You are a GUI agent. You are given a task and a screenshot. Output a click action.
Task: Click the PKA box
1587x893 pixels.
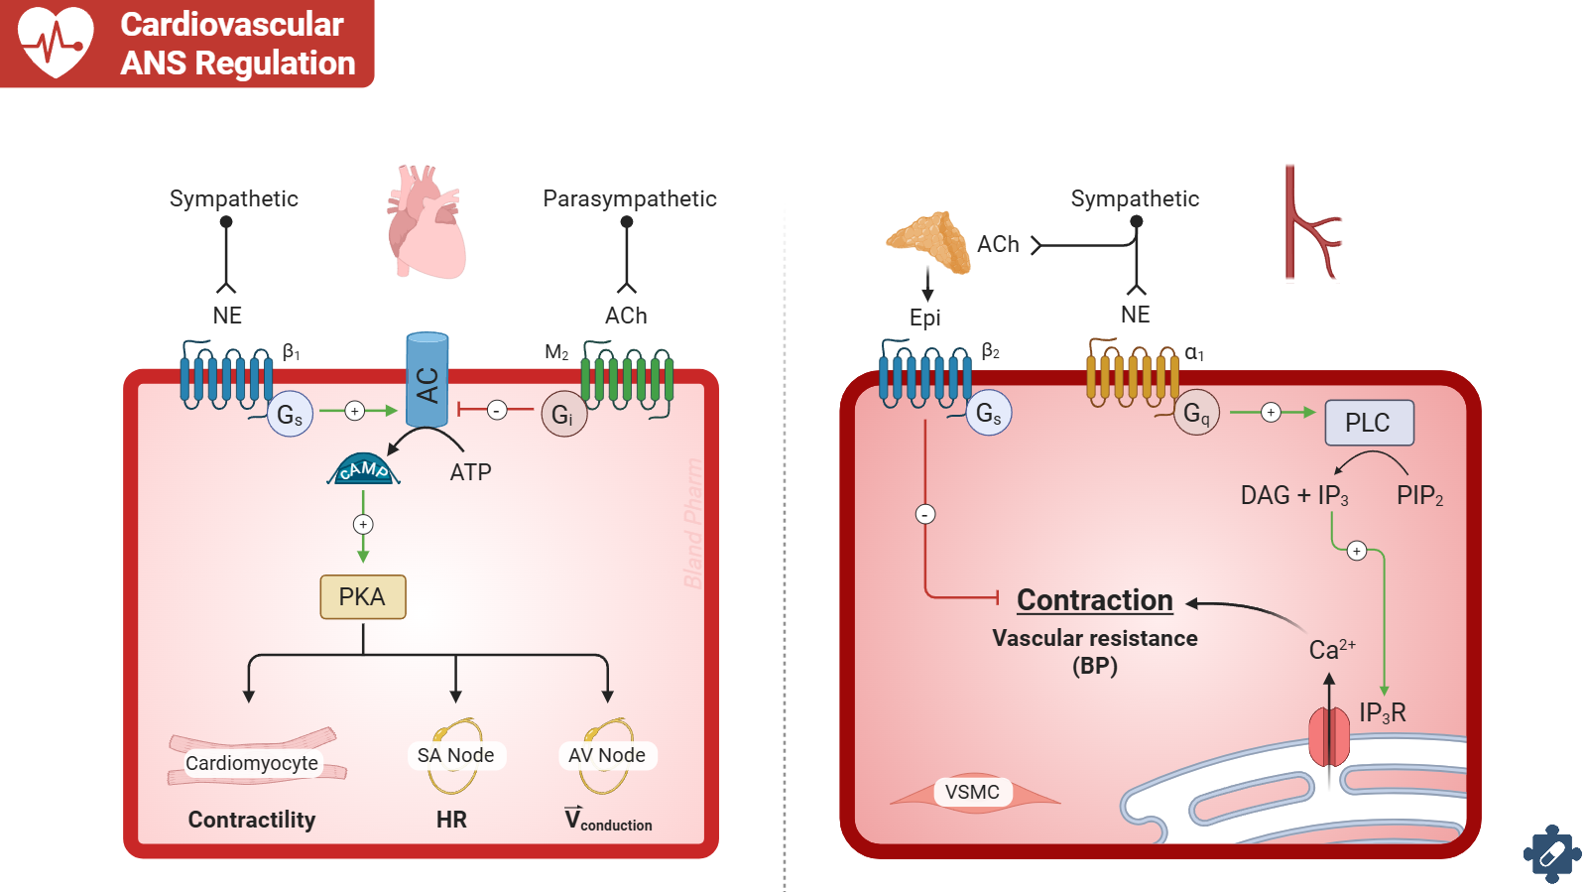tap(363, 596)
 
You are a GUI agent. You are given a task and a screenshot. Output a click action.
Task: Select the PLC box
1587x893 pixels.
tap(1369, 423)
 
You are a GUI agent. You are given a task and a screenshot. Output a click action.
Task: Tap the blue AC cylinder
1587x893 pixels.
tap(427, 381)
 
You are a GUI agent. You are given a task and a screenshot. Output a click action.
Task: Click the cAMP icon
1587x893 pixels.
tap(363, 470)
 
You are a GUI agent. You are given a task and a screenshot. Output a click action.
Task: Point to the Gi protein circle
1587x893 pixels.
tap(563, 415)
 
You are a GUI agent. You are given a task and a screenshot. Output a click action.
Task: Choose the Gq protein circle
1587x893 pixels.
tap(1196, 413)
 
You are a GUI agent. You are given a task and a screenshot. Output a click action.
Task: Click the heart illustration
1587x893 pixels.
tap(427, 223)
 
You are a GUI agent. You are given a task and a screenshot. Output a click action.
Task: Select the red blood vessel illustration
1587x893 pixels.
tap(1309, 223)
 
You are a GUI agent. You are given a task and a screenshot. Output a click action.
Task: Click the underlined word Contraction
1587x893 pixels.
tap(1095, 600)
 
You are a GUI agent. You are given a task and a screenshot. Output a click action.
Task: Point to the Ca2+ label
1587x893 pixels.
tap(1331, 650)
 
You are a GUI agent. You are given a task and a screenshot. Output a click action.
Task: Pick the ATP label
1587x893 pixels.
tap(470, 472)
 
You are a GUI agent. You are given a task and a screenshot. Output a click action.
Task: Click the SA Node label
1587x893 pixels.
tap(455, 755)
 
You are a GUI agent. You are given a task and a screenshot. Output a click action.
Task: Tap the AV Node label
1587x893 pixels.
tap(606, 755)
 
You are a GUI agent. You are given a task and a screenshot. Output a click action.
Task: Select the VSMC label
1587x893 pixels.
tap(972, 792)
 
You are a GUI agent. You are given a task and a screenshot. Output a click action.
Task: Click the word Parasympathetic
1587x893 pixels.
tap(629, 198)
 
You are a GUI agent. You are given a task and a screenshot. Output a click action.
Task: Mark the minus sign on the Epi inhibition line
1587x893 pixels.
tap(925, 514)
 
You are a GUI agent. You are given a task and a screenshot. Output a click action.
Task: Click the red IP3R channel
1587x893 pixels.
tap(1329, 737)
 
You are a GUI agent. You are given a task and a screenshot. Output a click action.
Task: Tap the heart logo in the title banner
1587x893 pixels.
tap(57, 41)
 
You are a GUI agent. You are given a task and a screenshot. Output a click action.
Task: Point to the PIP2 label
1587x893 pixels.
tap(1419, 496)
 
